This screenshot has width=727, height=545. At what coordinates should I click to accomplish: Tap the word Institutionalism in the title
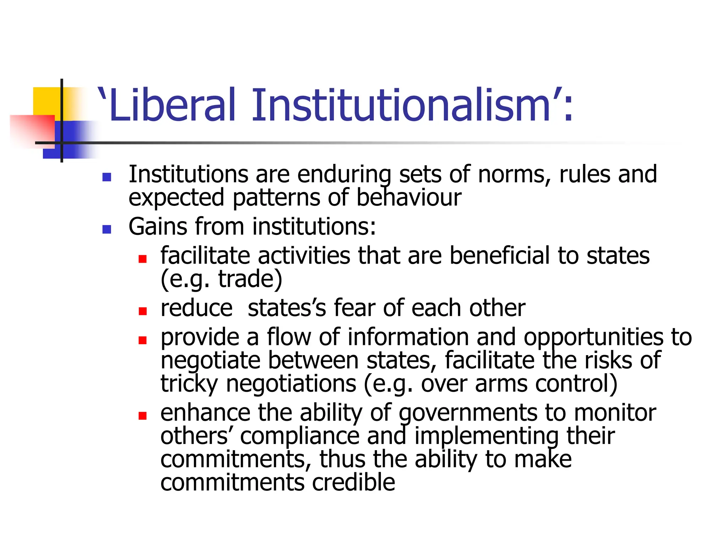click(401, 105)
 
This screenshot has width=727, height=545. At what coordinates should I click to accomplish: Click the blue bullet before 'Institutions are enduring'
click(106, 177)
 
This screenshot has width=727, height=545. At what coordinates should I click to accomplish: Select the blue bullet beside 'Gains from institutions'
click(106, 229)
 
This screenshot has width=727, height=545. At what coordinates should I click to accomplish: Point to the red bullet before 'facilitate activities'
click(143, 259)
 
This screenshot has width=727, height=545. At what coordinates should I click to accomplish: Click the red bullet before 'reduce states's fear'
click(143, 311)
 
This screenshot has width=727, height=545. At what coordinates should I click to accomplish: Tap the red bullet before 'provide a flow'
click(143, 340)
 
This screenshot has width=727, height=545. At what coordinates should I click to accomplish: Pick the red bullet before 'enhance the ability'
click(143, 415)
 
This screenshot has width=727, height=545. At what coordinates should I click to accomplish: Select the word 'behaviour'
click(409, 198)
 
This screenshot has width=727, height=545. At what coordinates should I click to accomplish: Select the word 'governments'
click(468, 414)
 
